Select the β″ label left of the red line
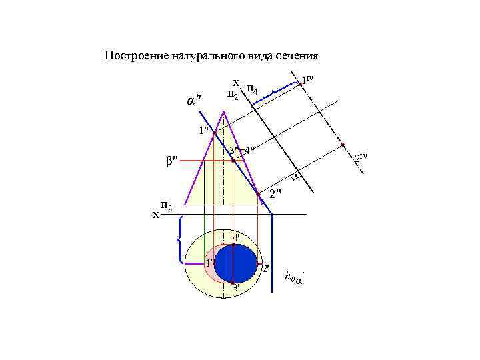point(171,161)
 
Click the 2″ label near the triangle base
point(275,194)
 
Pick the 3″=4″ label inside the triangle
point(241,150)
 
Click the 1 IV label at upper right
point(307,80)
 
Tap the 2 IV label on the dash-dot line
point(360,158)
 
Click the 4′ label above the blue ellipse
point(236,238)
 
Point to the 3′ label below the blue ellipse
point(236,288)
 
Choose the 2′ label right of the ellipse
point(265,269)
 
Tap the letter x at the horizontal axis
point(156,215)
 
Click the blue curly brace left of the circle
point(179,239)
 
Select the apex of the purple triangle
point(223,111)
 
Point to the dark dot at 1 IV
point(301,83)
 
